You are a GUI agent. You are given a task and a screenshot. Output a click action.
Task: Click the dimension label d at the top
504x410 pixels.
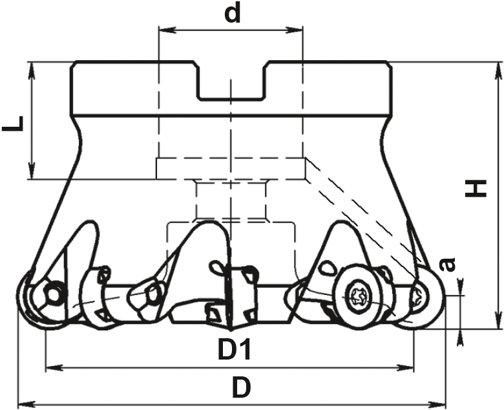tap(233, 14)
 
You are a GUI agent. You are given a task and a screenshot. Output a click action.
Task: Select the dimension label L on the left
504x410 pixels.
tap(13, 124)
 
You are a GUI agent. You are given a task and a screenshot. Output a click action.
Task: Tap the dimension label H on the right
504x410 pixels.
tap(476, 189)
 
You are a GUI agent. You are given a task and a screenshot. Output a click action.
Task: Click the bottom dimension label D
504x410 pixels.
tap(242, 387)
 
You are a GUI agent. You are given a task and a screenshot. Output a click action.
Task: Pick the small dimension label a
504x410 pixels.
tap(447, 264)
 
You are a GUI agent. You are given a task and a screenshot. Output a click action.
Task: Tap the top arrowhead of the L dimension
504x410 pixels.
tap(32, 70)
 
